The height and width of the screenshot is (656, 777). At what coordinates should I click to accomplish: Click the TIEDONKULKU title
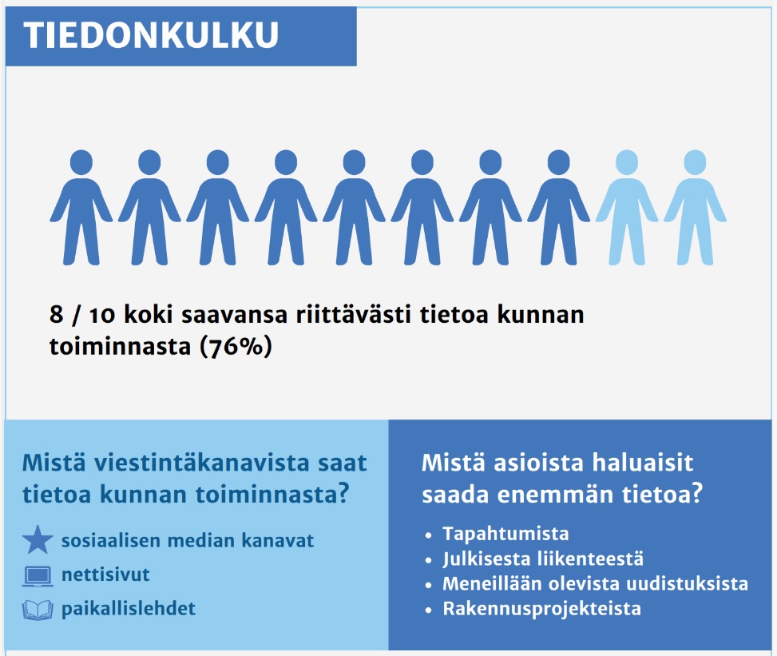[x=152, y=35]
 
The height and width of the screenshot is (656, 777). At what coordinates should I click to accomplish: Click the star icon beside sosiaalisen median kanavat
[x=38, y=541]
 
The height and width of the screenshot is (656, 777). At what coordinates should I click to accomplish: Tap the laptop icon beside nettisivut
[x=38, y=575]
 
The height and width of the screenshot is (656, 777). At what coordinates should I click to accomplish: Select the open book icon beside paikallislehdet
[x=38, y=610]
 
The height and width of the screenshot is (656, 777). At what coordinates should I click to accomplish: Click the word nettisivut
[x=105, y=574]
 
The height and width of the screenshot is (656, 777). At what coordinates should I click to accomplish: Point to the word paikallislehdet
[x=128, y=609]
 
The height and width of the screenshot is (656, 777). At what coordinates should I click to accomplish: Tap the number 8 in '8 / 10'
[x=56, y=315]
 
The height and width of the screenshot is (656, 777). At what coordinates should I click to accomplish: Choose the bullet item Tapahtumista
[x=505, y=534]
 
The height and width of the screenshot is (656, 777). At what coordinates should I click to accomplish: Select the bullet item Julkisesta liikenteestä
[x=543, y=559]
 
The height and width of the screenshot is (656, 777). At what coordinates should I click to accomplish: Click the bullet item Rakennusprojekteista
[x=541, y=609]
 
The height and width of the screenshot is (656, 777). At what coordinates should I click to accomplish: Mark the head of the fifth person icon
[x=354, y=162]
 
